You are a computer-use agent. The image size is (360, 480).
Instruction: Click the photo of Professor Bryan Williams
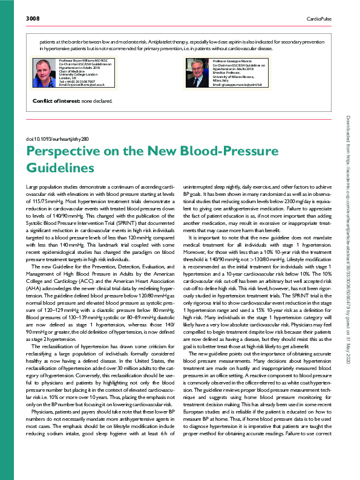(x=44, y=73)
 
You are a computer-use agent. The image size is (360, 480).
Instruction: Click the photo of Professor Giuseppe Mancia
(x=198, y=73)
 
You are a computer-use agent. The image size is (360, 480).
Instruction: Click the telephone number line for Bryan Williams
(x=75, y=81)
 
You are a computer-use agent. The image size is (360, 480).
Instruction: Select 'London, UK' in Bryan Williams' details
(x=67, y=77)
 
